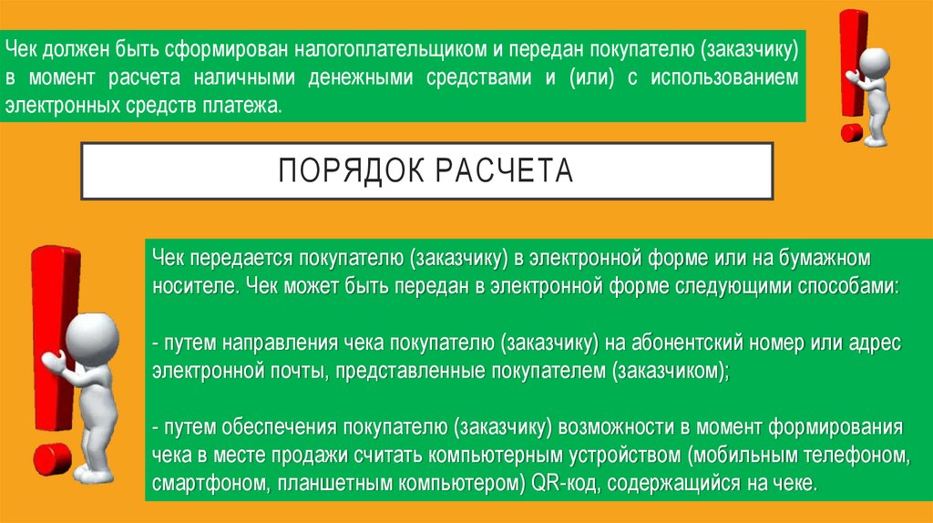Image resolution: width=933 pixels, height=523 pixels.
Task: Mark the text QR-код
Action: tap(562, 481)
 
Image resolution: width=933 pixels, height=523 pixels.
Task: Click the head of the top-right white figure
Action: tap(875, 61)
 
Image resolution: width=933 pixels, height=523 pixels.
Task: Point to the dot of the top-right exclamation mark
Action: tap(852, 132)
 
